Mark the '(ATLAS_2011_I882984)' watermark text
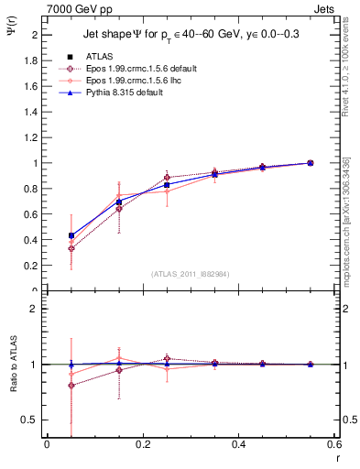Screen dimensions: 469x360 191,273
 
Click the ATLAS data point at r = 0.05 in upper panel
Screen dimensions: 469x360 71,235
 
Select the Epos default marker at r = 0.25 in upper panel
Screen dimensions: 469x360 167,178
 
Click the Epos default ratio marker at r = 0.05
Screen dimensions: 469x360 71,386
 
